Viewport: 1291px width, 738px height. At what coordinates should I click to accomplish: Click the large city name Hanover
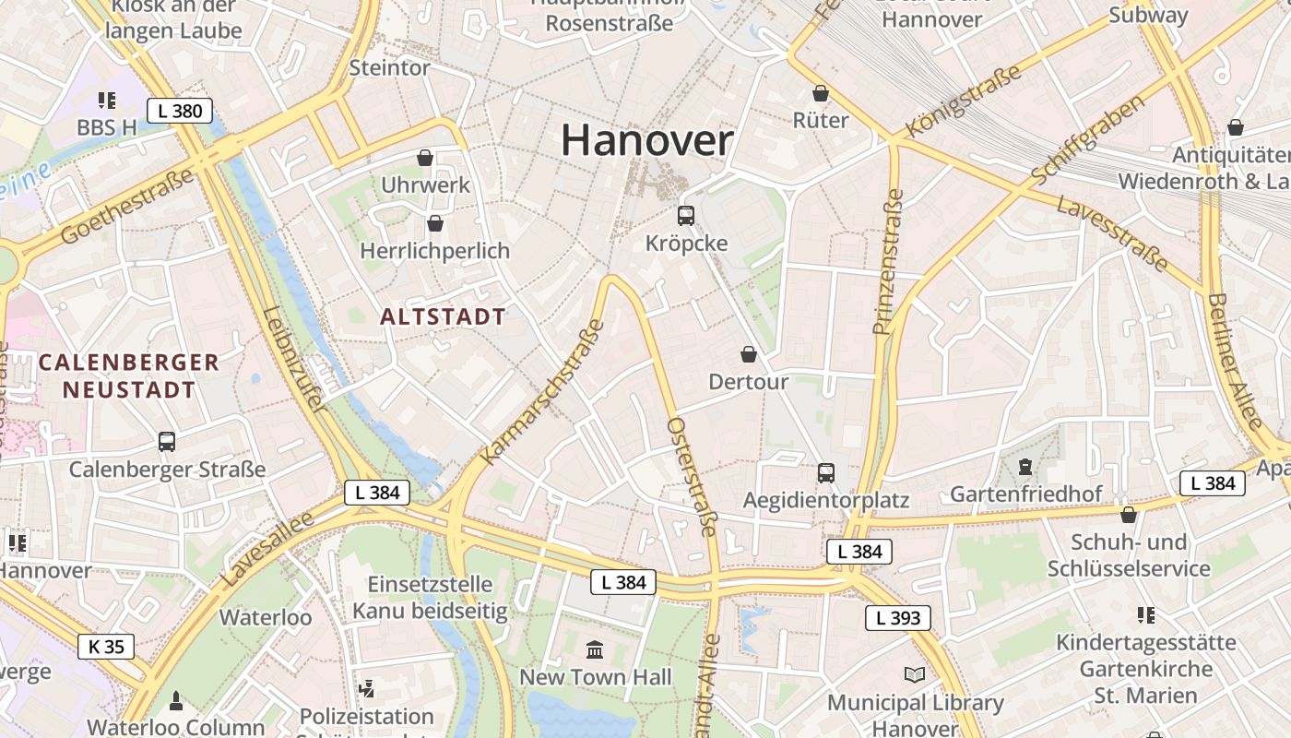(x=646, y=140)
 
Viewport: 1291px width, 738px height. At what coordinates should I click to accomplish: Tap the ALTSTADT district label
(x=443, y=316)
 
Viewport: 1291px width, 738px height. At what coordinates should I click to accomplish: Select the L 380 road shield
(x=179, y=112)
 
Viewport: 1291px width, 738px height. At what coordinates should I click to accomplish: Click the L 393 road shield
(x=897, y=618)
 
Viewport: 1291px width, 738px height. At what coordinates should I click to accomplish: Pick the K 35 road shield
(x=106, y=647)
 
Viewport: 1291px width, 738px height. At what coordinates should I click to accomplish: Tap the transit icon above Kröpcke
(x=686, y=216)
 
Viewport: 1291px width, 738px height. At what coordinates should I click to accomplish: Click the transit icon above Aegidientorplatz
(x=826, y=473)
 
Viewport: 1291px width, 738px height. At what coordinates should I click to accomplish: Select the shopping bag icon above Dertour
(x=749, y=354)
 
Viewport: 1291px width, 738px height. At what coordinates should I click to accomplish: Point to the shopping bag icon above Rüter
(x=821, y=93)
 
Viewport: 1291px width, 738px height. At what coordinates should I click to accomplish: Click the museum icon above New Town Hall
(x=595, y=650)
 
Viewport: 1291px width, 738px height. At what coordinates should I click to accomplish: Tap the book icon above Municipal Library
(x=915, y=675)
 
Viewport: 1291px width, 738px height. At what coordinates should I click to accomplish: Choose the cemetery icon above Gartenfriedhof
(x=1025, y=468)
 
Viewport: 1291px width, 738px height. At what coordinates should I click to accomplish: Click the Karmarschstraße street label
(x=543, y=392)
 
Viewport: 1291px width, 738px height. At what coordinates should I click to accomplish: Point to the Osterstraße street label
(x=692, y=476)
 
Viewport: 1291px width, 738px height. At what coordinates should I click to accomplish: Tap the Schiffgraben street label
(x=1088, y=137)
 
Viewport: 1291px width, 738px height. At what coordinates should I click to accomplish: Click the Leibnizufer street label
(x=293, y=359)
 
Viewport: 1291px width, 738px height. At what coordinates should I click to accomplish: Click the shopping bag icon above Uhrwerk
(x=425, y=158)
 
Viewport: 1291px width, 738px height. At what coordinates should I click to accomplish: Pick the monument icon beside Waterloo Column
(x=176, y=701)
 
